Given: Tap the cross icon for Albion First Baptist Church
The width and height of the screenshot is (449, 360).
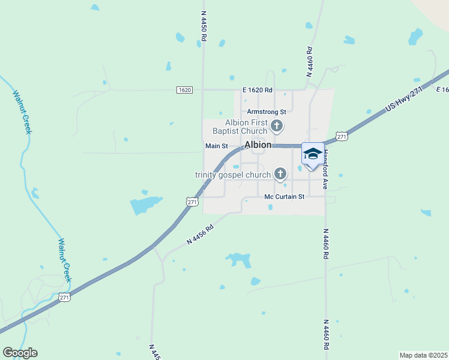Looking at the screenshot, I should (277, 126).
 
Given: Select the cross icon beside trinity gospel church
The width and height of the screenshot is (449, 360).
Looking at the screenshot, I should (280, 174).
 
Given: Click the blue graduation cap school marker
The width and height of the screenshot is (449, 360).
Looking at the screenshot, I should (312, 154).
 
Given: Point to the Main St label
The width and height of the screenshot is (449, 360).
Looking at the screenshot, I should (217, 146).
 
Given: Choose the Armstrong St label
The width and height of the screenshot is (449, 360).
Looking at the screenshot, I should (267, 112).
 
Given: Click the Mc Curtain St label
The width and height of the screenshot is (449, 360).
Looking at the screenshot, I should (285, 197).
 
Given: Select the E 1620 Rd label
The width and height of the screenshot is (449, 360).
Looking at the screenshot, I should (258, 90).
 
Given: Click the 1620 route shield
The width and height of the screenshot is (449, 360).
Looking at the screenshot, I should (184, 90).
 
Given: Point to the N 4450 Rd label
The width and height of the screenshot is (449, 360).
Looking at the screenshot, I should (203, 25).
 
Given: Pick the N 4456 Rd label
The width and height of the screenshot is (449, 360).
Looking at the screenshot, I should (200, 235).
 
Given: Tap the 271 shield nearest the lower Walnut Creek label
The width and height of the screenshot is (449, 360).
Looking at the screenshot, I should (65, 297).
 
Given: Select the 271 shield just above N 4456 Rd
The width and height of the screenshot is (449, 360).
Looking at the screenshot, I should (192, 202).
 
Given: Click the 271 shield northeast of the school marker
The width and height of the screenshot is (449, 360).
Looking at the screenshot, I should (342, 137).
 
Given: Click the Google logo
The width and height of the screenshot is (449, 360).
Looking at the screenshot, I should (20, 353).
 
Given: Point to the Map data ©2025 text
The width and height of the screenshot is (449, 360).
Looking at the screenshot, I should (423, 355).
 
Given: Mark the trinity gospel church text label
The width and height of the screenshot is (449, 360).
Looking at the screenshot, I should (233, 175).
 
